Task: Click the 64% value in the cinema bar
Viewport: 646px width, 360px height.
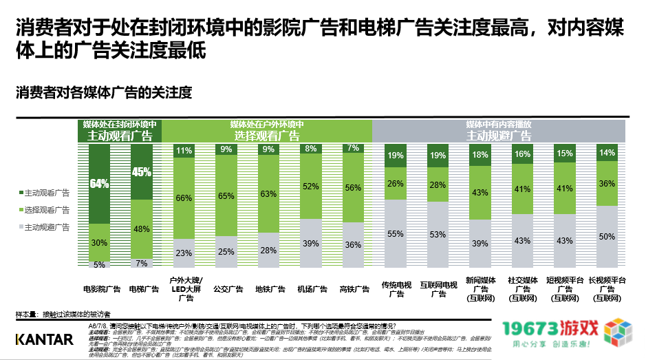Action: pyautogui.click(x=99, y=184)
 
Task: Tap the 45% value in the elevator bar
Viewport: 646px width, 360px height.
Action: pyautogui.click(x=141, y=173)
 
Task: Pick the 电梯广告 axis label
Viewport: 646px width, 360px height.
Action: pyautogui.click(x=141, y=290)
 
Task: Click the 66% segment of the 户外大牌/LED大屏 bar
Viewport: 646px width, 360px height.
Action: pyautogui.click(x=184, y=198)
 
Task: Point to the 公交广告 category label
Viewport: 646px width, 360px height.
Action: pyautogui.click(x=226, y=290)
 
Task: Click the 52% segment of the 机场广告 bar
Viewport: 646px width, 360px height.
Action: pyautogui.click(x=311, y=187)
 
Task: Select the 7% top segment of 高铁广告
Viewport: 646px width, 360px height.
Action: pyautogui.click(x=354, y=149)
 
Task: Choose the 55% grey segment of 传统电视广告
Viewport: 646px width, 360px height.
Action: pyautogui.click(x=396, y=234)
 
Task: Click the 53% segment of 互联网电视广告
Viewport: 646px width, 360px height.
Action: pyautogui.click(x=438, y=235)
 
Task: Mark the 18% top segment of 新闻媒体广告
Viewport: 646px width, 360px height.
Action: pyautogui.click(x=480, y=155)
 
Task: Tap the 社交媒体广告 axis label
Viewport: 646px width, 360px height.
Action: pyautogui.click(x=523, y=289)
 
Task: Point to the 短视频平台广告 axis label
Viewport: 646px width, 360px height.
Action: pyautogui.click(x=566, y=289)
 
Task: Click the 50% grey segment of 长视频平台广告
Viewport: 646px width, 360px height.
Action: pyautogui.click(x=607, y=237)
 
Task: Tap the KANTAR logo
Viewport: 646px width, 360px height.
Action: pyautogui.click(x=44, y=339)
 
